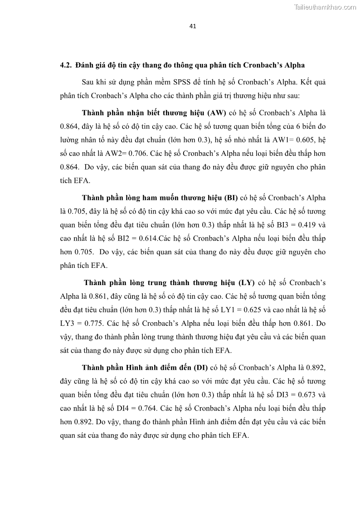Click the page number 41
tap(192, 26)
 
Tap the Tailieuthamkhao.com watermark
tap(325, 7)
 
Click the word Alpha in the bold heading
tap(300, 64)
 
